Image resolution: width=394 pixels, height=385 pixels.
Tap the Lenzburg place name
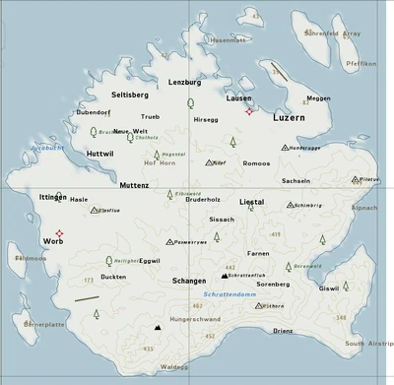coord(184,82)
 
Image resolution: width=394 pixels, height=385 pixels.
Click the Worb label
coord(53,241)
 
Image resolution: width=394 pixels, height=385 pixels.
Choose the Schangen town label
coord(189,282)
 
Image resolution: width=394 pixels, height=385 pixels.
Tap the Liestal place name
coord(251,201)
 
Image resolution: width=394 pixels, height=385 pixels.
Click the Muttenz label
coord(134,184)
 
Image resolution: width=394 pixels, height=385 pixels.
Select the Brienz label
coord(283,331)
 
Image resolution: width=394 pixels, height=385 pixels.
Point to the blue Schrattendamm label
coord(229,294)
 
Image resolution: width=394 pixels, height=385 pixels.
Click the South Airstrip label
coord(367,344)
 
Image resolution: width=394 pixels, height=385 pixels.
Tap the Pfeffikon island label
coord(361,62)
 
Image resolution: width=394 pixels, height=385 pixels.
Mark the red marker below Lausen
coord(249,111)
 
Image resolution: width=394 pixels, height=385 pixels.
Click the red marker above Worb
coord(58,232)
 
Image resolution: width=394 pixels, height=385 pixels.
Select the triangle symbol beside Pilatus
coord(355,180)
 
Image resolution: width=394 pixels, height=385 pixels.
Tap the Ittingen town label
coord(52,198)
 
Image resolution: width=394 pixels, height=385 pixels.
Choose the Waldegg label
coord(173,366)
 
